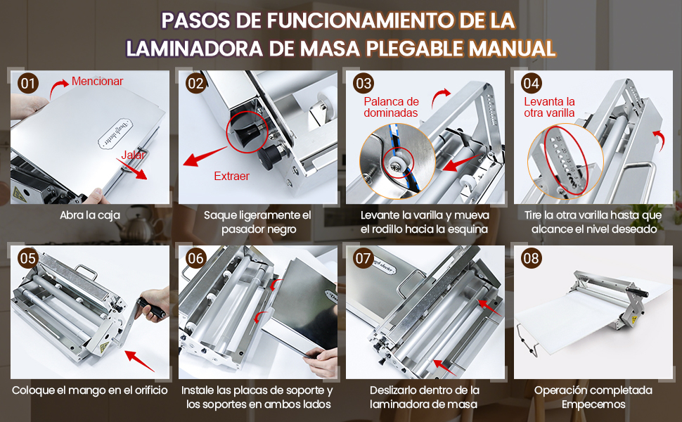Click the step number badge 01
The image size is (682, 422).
point(28,84)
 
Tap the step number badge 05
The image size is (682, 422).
point(28,258)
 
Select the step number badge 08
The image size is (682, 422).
point(532,258)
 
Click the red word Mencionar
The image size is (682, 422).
point(97,82)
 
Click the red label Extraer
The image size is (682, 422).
point(231,176)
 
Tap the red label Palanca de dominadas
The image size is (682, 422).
point(391,107)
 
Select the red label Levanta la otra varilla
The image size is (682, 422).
point(549,107)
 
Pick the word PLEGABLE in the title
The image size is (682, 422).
point(416,48)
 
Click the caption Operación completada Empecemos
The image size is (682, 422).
point(593,397)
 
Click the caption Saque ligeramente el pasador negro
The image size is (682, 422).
point(257,222)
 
